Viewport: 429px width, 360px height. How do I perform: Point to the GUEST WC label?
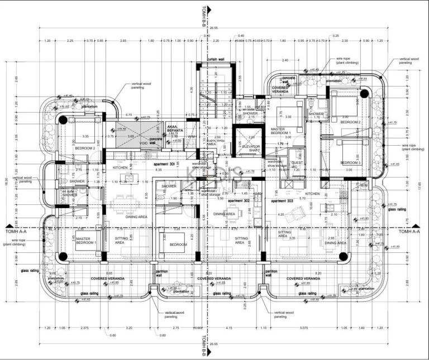297,165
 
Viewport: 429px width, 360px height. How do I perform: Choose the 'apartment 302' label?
239,200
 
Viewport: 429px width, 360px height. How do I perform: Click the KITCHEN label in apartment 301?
121,167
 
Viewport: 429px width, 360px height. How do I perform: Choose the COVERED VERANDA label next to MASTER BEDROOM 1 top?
280,90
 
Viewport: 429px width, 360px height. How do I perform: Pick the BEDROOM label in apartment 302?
178,244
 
